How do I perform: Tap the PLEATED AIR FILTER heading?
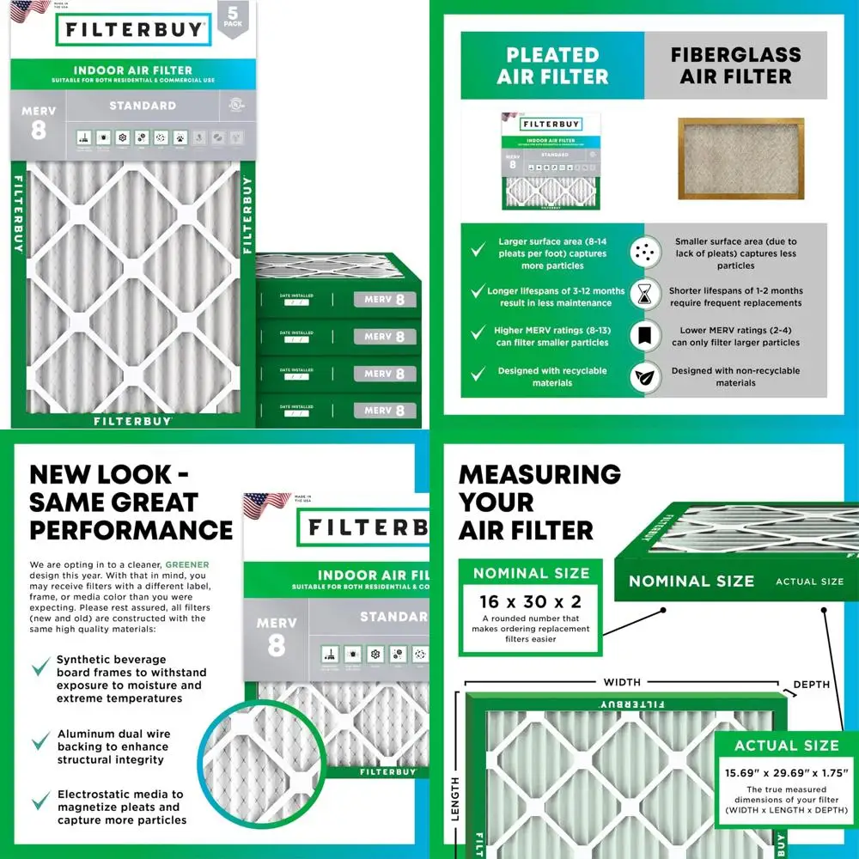[552, 65]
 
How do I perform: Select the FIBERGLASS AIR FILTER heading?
[736, 65]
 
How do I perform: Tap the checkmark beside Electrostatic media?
[40, 801]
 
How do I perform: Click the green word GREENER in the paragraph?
[188, 564]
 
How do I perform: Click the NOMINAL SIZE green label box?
[531, 573]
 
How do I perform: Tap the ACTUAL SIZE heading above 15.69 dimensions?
[786, 746]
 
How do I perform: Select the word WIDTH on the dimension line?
[622, 682]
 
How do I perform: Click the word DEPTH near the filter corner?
[812, 685]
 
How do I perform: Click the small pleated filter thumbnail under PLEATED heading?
[552, 161]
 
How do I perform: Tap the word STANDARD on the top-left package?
[143, 106]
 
